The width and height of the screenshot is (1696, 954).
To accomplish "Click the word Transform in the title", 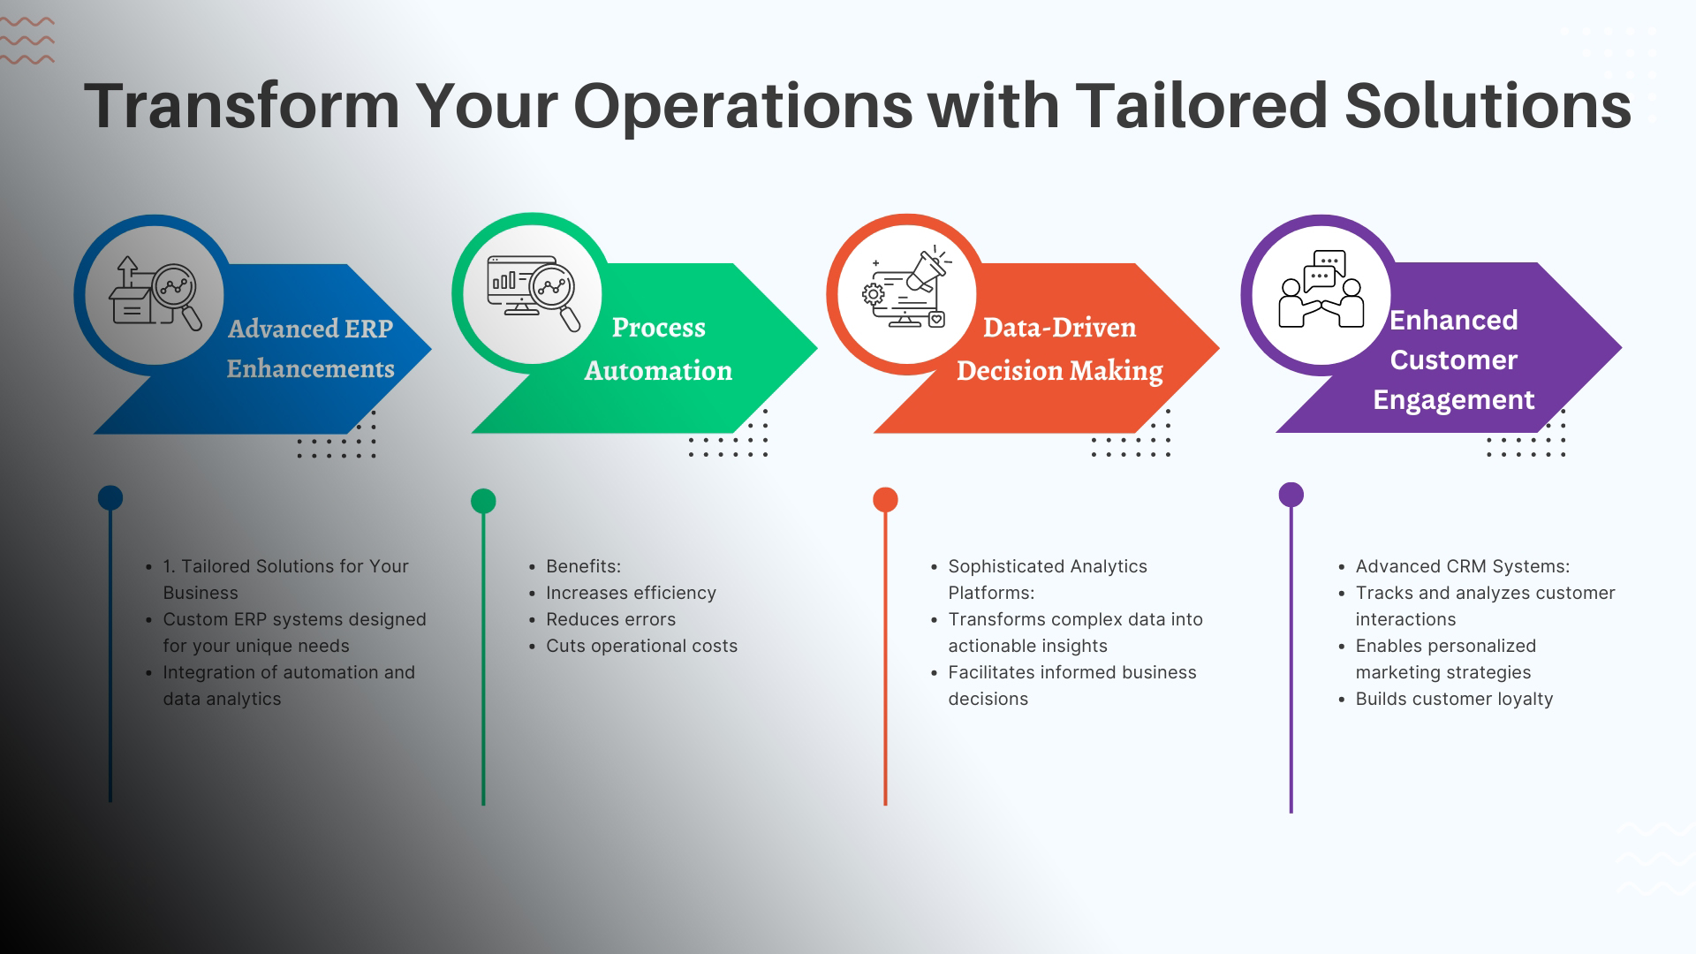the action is [x=242, y=106].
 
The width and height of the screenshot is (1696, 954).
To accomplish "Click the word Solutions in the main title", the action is [x=1488, y=106].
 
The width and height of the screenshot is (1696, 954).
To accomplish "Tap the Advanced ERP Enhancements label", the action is [x=310, y=348].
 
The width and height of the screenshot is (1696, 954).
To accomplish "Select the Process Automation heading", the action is [x=658, y=349].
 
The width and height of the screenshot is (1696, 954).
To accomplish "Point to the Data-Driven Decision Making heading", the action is [x=1060, y=349].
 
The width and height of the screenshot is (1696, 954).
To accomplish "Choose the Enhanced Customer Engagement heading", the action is [x=1454, y=360].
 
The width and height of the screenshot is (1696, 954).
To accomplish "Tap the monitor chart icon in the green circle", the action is [x=534, y=291].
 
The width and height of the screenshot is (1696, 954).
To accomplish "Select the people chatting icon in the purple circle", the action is [x=1321, y=289].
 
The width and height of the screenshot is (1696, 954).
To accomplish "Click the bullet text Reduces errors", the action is [x=610, y=619].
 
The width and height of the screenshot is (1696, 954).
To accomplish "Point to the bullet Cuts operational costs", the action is [x=641, y=646].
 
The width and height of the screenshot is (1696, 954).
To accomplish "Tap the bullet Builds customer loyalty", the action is [x=1454, y=699].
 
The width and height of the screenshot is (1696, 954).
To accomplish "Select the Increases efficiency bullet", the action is [x=631, y=593].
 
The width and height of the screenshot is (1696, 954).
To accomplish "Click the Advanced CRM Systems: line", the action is [x=1463, y=566].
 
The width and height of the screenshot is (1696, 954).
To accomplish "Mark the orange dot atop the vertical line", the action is [x=885, y=500].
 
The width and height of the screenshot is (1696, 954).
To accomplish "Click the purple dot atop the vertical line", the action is [x=1291, y=495].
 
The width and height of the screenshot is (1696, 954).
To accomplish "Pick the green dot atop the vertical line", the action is [x=483, y=501].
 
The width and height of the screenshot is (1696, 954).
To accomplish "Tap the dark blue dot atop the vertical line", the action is [x=110, y=497].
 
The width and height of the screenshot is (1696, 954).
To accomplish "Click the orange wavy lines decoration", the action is [x=26, y=41].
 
